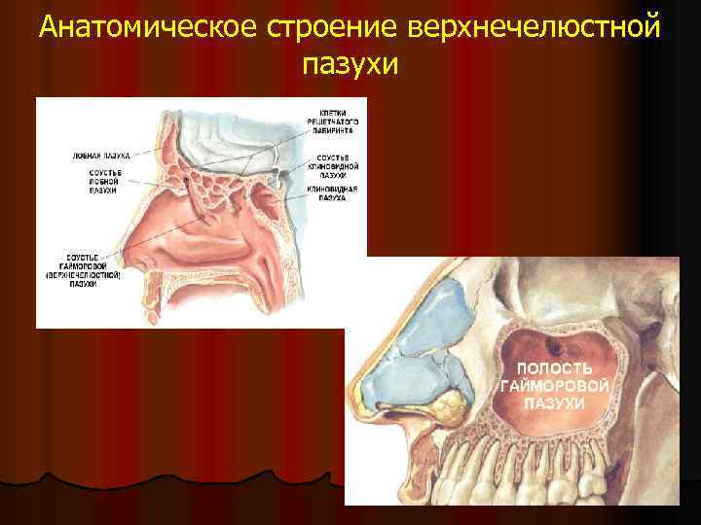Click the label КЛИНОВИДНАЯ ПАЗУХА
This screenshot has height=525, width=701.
tap(338, 192)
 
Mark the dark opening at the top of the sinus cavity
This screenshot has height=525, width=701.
tap(556, 345)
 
